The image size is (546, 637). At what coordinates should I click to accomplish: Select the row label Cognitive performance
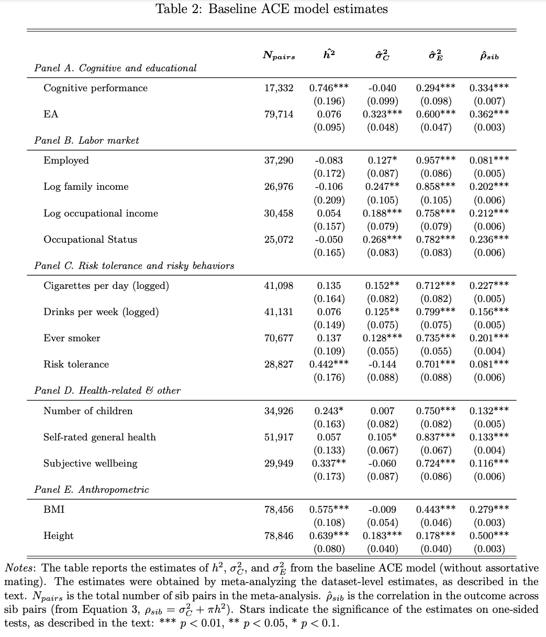[x=95, y=88]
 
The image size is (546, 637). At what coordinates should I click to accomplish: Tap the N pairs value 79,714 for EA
[x=279, y=114]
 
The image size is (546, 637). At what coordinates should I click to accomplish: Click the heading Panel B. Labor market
[x=86, y=141]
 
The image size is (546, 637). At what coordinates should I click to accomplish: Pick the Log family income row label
[x=86, y=187]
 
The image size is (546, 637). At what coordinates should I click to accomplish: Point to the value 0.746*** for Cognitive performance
[x=329, y=88]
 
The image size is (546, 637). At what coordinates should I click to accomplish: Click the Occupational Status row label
[x=90, y=240]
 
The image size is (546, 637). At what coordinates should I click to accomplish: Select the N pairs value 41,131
[x=279, y=312]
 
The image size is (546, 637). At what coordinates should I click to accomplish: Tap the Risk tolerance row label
[x=76, y=364]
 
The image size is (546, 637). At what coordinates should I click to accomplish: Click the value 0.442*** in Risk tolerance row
[x=329, y=364]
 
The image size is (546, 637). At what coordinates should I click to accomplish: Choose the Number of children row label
[x=88, y=411]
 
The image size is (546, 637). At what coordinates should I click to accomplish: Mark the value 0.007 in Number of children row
[x=382, y=411]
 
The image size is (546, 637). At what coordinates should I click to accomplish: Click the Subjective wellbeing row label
[x=90, y=463]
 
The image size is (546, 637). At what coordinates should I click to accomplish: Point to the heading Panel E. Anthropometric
[x=92, y=490]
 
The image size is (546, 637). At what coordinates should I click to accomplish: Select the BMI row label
[x=54, y=510]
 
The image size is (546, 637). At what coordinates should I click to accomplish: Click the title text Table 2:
[x=180, y=9]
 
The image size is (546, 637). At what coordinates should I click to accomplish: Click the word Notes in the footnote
[x=20, y=568]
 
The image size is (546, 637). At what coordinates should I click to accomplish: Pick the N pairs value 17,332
[x=279, y=88]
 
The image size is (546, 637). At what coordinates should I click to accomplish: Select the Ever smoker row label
[x=72, y=338]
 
